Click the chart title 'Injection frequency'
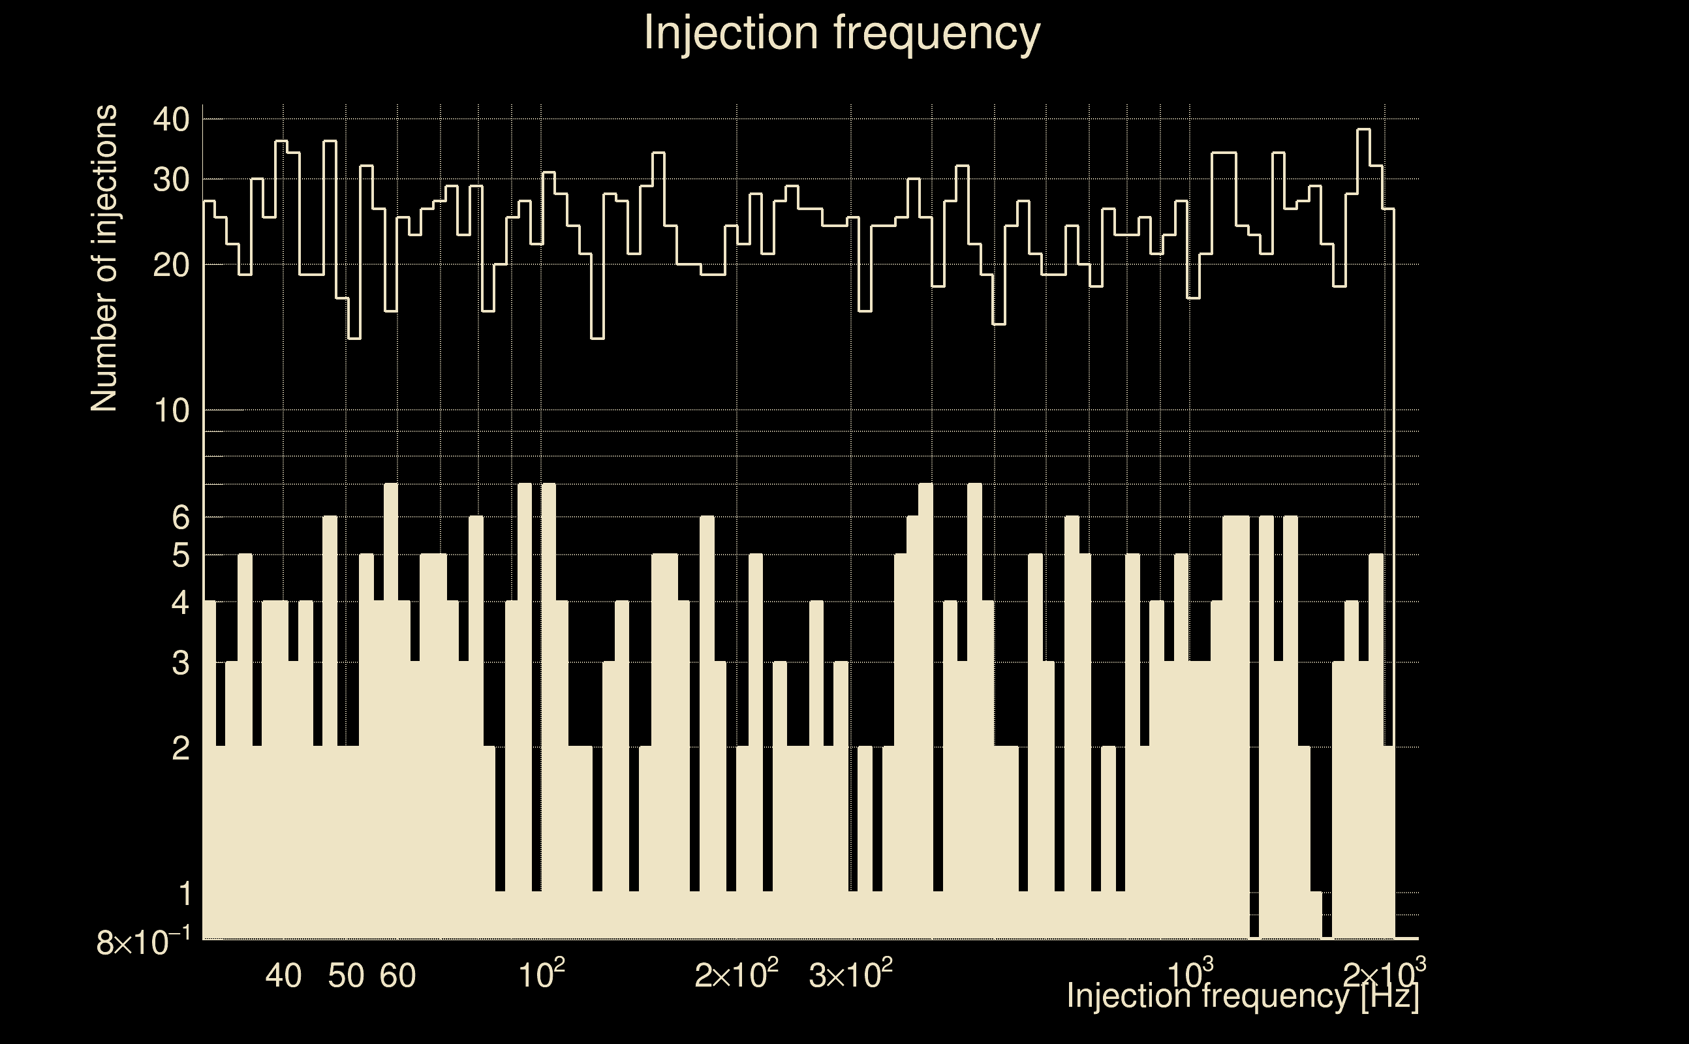pos(841,33)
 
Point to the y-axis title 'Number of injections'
pos(104,258)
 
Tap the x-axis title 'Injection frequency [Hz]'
pos(1243,996)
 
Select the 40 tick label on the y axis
pos(171,120)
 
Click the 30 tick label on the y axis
pos(171,180)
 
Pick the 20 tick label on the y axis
pos(171,265)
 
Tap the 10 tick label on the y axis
pos(171,412)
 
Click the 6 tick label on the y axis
pos(180,517)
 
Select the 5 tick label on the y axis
pos(180,555)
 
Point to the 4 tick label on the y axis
pos(180,603)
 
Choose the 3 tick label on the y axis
pos(180,664)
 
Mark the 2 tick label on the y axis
pos(180,748)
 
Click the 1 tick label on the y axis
pos(185,894)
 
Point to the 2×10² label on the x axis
pos(736,975)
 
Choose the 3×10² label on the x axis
pos(850,975)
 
